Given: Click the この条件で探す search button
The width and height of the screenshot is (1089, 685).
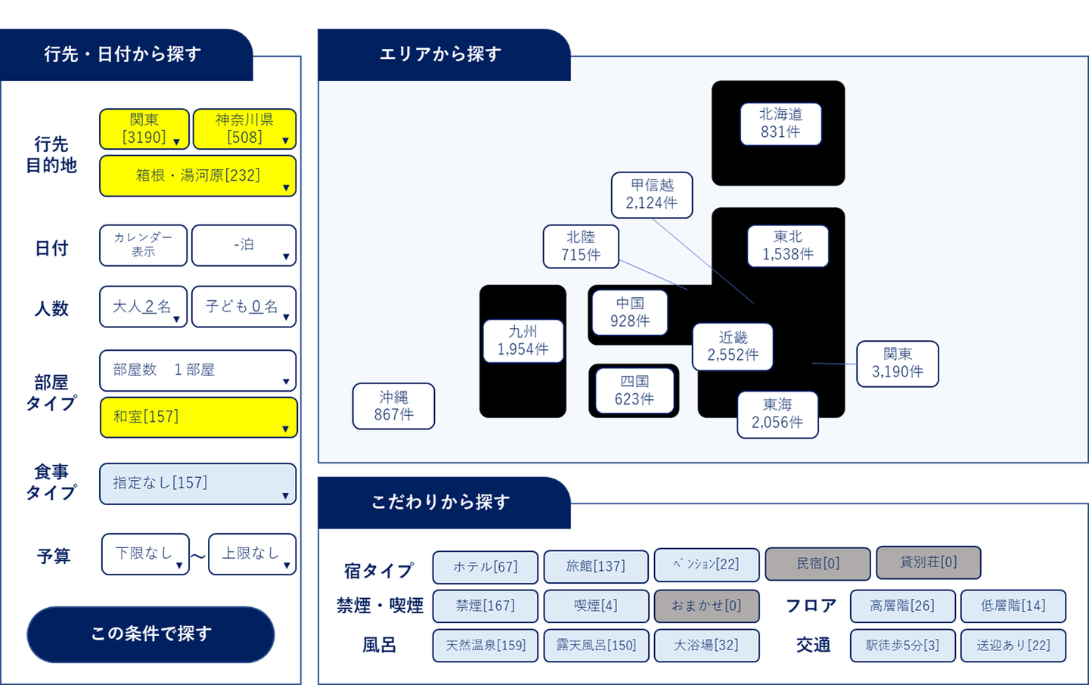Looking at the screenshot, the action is click(150, 634).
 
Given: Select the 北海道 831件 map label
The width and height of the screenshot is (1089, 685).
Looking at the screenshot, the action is click(780, 124).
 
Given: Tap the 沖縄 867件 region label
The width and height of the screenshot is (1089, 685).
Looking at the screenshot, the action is click(394, 406).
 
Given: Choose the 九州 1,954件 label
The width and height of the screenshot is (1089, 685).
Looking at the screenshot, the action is click(523, 341).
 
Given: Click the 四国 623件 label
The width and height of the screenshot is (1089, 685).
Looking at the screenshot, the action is click(634, 391).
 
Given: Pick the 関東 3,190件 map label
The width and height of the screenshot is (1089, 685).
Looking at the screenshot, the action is click(898, 364).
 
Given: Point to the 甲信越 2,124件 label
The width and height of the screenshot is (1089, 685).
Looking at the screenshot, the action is click(652, 195).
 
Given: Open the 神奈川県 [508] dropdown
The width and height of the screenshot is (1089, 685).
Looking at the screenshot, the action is click(244, 129).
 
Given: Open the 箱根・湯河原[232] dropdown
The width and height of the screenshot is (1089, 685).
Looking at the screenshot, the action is click(198, 176).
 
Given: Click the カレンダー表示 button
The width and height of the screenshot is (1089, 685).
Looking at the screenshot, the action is click(144, 245).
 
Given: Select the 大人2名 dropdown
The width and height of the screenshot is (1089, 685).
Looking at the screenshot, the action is click(144, 307).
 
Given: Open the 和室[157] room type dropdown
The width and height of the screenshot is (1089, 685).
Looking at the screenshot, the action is click(199, 417).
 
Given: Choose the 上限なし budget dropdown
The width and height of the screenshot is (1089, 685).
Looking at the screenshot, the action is click(253, 554).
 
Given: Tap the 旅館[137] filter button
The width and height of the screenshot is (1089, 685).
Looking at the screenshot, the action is click(596, 567).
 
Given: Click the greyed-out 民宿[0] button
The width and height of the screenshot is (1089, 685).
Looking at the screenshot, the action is click(818, 564).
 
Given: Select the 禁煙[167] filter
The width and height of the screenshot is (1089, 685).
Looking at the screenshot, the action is click(486, 606).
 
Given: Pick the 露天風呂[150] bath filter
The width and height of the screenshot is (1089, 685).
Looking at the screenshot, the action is click(596, 646).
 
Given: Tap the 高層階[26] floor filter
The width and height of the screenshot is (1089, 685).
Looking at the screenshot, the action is click(903, 606).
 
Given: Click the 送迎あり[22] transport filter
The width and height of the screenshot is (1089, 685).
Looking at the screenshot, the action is click(1013, 646).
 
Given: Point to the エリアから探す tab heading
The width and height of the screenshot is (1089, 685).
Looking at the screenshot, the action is click(440, 54).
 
